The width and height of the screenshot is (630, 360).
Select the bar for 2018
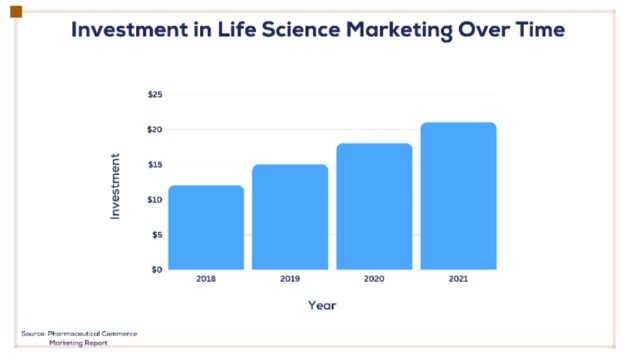pyautogui.click(x=206, y=227)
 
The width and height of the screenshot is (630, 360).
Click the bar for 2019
pyautogui.click(x=290, y=217)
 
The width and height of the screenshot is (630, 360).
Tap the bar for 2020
pyautogui.click(x=374, y=207)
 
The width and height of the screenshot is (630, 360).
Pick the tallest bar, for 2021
pyautogui.click(x=458, y=196)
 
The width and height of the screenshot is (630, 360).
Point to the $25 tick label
pyautogui.click(x=155, y=95)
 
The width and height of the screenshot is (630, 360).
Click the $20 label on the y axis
pyautogui.click(x=155, y=130)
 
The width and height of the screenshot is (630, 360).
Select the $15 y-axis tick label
pyautogui.click(x=155, y=165)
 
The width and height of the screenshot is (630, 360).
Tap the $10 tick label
pyautogui.click(x=155, y=200)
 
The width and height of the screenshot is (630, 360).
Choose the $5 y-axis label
pyautogui.click(x=157, y=235)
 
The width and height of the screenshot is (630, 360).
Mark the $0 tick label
pyautogui.click(x=157, y=270)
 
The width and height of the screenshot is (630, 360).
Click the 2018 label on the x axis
pyautogui.click(x=206, y=279)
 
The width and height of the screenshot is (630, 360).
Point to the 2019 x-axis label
pyautogui.click(x=290, y=279)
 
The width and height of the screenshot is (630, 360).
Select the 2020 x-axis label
pyautogui.click(x=374, y=279)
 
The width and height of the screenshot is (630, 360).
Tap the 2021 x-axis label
pyautogui.click(x=458, y=279)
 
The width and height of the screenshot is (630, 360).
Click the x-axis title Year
pyautogui.click(x=322, y=306)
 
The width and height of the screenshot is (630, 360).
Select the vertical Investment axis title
pyautogui.click(x=115, y=186)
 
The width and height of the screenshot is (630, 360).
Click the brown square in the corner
pyautogui.click(x=16, y=12)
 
